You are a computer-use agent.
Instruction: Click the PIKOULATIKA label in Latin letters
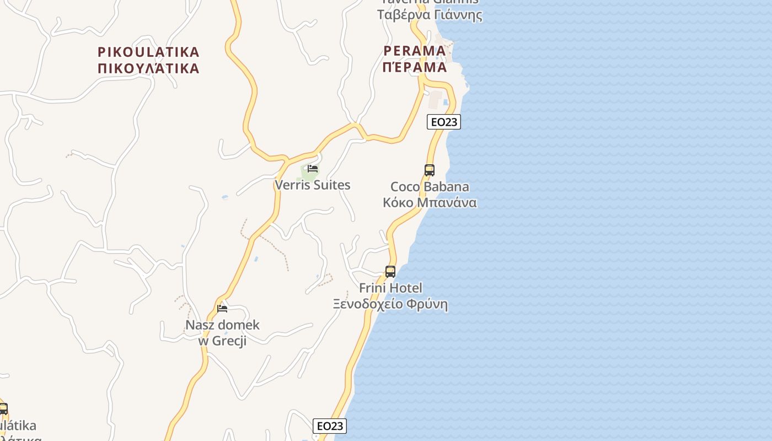148,52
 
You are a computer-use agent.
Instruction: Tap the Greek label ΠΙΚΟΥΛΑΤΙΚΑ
148,68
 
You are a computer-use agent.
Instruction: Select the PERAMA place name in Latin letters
415,51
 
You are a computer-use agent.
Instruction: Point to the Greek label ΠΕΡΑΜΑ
415,67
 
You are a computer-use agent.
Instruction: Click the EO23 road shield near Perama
443,122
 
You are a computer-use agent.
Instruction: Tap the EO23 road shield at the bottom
330,426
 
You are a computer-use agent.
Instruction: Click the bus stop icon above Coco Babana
430,170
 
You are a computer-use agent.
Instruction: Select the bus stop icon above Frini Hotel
390,271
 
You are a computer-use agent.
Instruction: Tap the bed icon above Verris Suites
313,168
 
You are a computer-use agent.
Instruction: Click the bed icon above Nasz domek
222,308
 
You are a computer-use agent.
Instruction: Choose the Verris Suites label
313,185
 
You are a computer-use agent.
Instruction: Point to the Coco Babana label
430,187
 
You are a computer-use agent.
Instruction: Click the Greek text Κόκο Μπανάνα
430,202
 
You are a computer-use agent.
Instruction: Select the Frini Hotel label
390,288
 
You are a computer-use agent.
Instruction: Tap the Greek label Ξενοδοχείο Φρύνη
390,304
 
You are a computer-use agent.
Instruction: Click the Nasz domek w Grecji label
222,332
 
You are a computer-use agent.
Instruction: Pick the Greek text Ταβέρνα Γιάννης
430,15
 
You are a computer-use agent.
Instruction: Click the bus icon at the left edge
3,408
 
